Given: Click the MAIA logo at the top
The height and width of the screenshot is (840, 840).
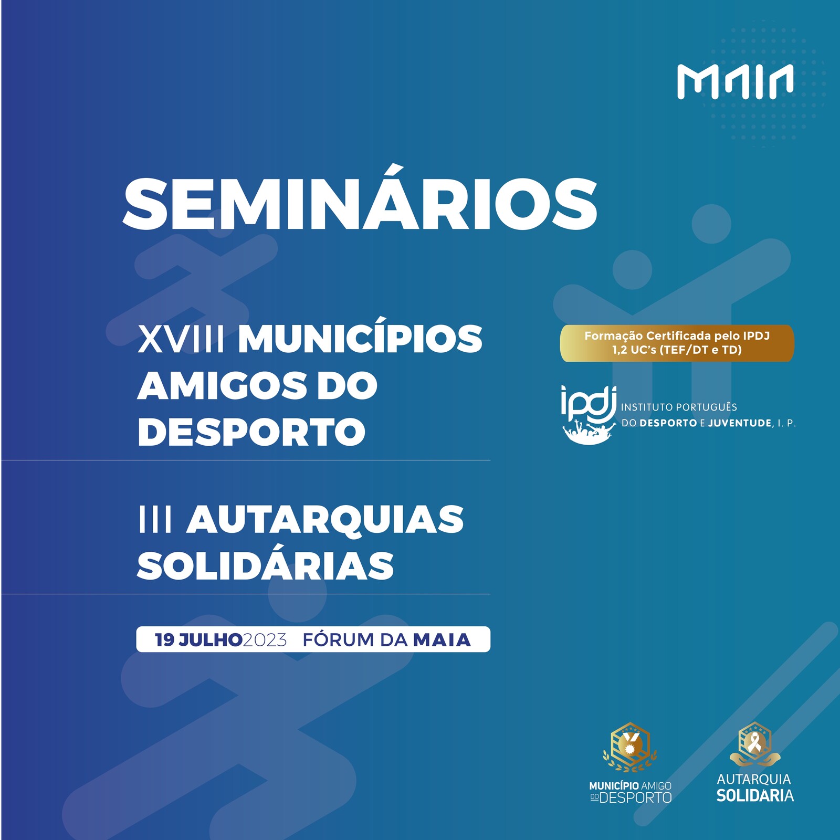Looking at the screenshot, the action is (735, 81).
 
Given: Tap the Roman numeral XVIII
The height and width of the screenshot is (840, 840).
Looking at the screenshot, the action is (182, 339).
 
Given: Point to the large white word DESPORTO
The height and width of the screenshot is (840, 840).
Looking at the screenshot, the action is (251, 432).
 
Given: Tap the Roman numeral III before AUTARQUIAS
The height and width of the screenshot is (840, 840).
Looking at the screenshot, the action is (155, 519).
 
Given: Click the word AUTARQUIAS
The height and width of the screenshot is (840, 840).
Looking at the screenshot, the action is (325, 519).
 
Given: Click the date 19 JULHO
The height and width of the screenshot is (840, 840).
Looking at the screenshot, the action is (198, 640).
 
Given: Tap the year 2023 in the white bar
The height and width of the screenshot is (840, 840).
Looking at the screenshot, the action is (265, 640).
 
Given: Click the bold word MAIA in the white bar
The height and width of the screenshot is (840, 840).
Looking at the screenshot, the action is (442, 640).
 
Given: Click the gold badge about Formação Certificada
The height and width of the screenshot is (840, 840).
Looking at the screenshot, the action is (677, 343).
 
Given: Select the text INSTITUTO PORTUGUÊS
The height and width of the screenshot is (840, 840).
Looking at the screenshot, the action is (679, 407).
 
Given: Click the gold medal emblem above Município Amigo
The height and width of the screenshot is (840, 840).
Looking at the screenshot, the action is (630, 747).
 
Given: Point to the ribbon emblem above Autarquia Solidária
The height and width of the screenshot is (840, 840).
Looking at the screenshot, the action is (755, 744).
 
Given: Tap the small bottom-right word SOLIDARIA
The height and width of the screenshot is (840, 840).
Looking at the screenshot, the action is (755, 795).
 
